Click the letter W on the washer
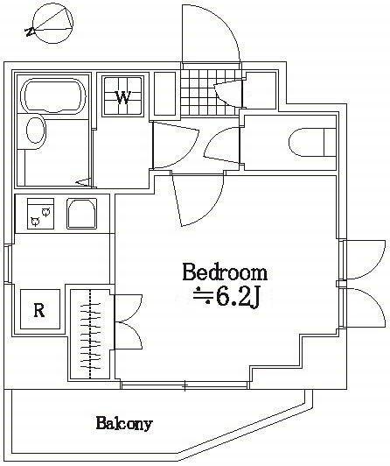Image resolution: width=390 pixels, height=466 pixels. tap(123, 96)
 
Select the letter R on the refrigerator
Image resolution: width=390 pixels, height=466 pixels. tap(38, 308)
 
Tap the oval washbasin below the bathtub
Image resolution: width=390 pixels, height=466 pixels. tap(34, 131)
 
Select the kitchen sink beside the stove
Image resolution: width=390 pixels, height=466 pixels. tap(81, 213)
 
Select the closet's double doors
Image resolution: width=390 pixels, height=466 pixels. tap(125, 321)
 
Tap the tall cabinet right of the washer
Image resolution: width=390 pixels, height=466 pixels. tap(164, 92)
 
